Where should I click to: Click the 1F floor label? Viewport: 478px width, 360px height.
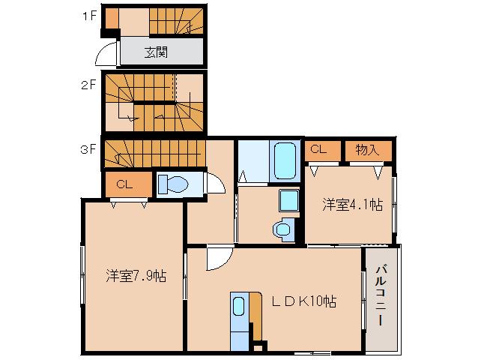[88, 14]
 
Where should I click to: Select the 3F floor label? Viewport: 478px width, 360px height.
[88, 148]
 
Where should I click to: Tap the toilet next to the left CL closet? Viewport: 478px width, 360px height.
[175, 184]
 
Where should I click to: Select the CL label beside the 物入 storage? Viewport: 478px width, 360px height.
[318, 149]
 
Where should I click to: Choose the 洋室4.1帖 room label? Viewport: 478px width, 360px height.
[353, 203]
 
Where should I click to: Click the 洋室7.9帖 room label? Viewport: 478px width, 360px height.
[136, 275]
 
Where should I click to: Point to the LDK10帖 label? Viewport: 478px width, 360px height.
[303, 301]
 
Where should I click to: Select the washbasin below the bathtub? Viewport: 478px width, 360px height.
[288, 201]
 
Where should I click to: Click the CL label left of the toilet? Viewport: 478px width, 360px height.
[124, 183]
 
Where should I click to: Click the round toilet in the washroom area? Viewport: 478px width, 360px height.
[282, 229]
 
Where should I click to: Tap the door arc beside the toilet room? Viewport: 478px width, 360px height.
[214, 184]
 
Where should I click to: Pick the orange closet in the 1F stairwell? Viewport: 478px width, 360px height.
[111, 16]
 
